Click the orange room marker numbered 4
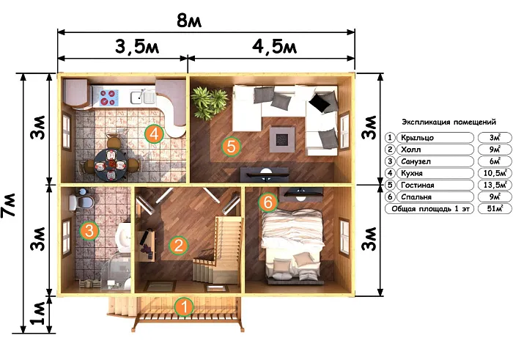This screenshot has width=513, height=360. point(154,134)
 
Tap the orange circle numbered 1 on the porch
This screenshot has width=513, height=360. point(185,307)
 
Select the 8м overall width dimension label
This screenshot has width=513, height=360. point(189,21)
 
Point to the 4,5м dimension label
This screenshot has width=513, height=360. point(274,47)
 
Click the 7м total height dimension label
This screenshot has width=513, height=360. point(9,205)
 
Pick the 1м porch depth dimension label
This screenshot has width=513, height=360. point(38,313)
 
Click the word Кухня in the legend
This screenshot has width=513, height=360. point(412,173)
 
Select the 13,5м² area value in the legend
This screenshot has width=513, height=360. point(495,185)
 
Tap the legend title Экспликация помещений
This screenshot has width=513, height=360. point(449,122)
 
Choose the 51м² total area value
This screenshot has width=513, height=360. point(495,208)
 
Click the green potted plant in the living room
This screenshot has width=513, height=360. point(209,103)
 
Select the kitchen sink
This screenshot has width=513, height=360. point(143,97)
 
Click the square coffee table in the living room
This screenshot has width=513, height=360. point(282,139)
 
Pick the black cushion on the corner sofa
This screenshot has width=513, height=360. point(320,102)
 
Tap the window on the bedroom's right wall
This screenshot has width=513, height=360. point(344,236)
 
